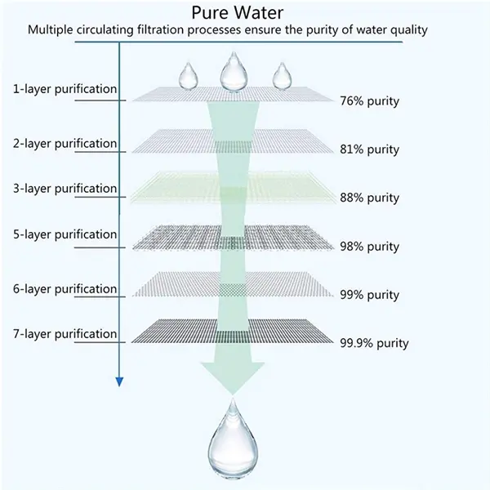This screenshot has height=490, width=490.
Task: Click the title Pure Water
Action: pyautogui.click(x=237, y=13)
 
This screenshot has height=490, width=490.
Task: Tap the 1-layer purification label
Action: pyautogui.click(x=65, y=89)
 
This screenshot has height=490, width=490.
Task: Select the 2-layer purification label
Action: pyautogui.click(x=65, y=144)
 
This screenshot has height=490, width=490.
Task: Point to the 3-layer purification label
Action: pyautogui.click(x=65, y=189)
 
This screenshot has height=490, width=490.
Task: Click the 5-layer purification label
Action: pyautogui.click(x=65, y=234)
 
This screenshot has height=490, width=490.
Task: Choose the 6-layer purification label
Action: pyautogui.click(x=65, y=289)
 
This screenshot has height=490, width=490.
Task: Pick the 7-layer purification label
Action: pyautogui.click(x=65, y=334)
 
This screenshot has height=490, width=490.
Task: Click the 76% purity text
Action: pyautogui.click(x=369, y=101)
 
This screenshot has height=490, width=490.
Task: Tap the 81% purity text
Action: pyautogui.click(x=369, y=149)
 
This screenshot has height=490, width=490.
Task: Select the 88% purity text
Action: pyautogui.click(x=369, y=198)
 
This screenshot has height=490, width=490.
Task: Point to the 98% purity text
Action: pyautogui.click(x=369, y=247)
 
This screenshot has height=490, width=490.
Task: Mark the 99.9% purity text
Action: pyautogui.click(x=374, y=343)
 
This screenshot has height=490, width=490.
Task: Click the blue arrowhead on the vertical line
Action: pyautogui.click(x=119, y=382)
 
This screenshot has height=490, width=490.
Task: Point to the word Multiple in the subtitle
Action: pyautogui.click(x=50, y=30)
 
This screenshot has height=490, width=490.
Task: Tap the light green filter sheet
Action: pyautogui.click(x=233, y=188)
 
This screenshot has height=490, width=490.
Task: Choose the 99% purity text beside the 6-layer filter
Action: pyautogui.click(x=369, y=295)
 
